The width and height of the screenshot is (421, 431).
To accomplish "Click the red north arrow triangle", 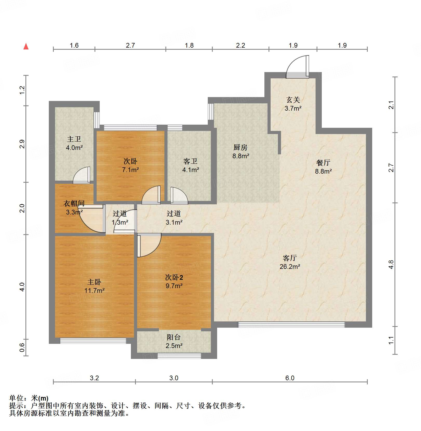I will [x=26, y=47].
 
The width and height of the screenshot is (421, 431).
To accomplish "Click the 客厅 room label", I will [x=290, y=258].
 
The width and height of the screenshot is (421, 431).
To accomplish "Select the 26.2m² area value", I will [x=290, y=267].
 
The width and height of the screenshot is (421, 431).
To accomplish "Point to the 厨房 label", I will [x=240, y=148].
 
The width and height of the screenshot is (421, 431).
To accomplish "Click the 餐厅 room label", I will [x=323, y=163].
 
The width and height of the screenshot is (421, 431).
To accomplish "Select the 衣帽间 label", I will [x=74, y=203].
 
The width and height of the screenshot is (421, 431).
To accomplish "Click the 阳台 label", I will [x=174, y=337].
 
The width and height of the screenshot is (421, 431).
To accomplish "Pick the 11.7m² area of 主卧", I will [x=94, y=290].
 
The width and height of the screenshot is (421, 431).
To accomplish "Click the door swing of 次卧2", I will [x=148, y=245].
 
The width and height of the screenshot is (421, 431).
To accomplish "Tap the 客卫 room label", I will [x=190, y=161].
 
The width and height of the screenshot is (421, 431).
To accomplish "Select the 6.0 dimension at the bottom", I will [x=290, y=378].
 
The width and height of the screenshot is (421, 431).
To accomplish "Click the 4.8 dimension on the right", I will [x=391, y=264].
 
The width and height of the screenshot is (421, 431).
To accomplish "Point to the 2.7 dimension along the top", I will [x=130, y=45].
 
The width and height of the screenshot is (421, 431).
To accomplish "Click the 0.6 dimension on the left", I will [x=22, y=347].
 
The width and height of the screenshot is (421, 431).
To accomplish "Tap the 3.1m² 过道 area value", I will [x=174, y=222].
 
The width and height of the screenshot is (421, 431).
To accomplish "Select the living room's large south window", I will [x=291, y=325].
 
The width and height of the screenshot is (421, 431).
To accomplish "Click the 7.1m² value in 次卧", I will [x=130, y=170].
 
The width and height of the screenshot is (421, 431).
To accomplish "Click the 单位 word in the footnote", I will [x=16, y=398].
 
